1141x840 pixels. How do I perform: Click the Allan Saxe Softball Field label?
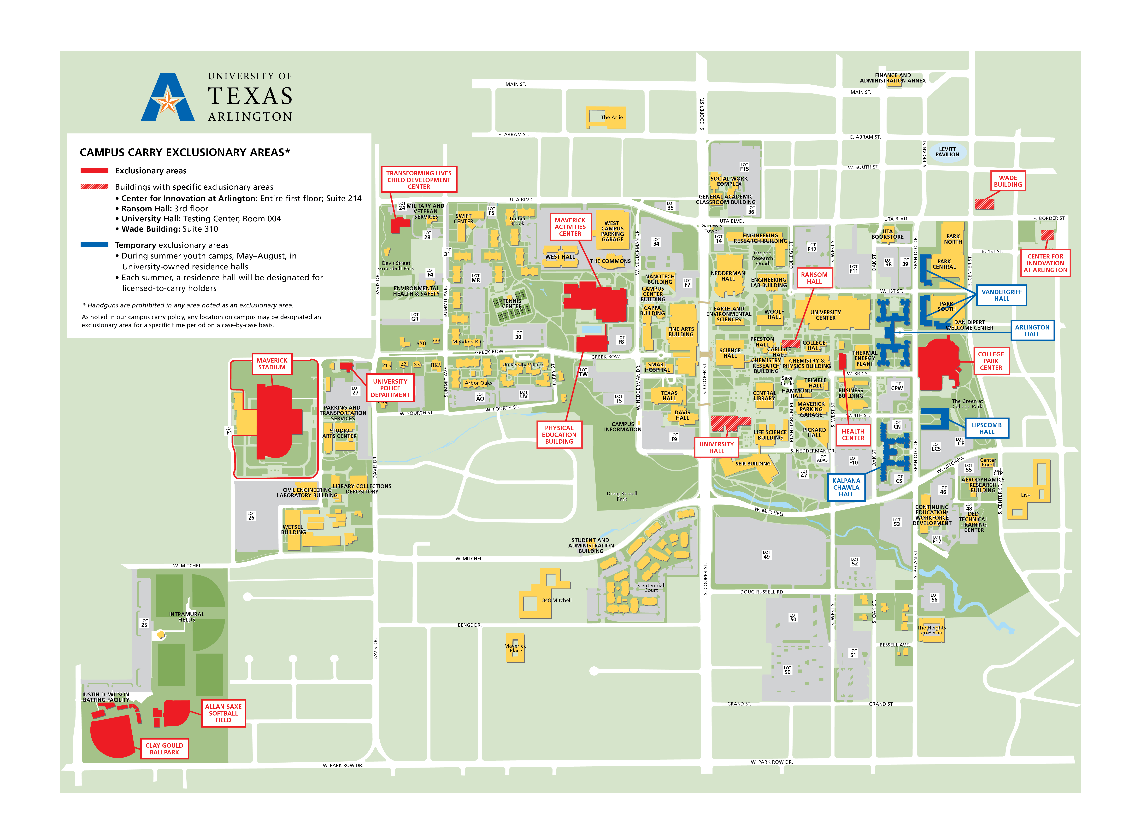click(223, 713)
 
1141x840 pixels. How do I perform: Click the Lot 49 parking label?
click(766, 555)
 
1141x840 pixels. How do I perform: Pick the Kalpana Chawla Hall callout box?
click(846, 487)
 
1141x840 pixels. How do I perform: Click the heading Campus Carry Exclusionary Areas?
click(185, 153)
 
